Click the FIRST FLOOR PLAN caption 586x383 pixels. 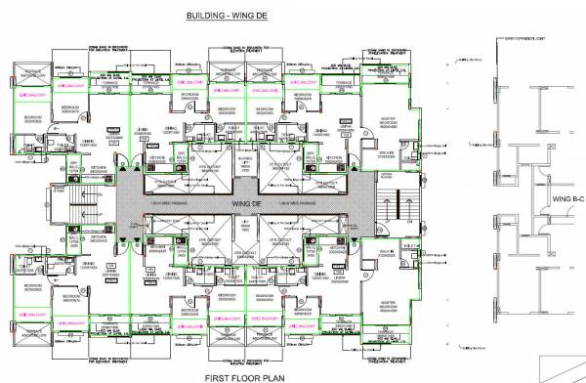[x=231, y=375]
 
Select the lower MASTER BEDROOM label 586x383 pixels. [x=387, y=286]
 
